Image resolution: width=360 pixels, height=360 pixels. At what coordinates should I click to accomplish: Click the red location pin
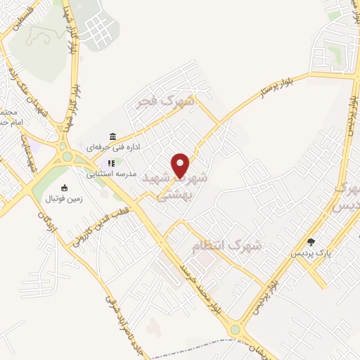click(x=181, y=165)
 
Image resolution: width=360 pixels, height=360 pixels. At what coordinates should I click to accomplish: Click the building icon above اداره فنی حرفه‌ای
click(x=112, y=136)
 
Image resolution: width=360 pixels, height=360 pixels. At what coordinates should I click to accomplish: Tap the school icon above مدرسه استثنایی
click(x=111, y=163)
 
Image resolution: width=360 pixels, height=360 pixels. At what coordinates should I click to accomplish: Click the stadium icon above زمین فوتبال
click(x=65, y=188)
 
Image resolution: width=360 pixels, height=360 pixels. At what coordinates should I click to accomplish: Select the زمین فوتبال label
click(x=64, y=198)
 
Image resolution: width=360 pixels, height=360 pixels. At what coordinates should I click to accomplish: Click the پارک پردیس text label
click(x=312, y=252)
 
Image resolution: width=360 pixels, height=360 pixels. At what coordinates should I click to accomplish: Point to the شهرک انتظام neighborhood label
click(x=226, y=245)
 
